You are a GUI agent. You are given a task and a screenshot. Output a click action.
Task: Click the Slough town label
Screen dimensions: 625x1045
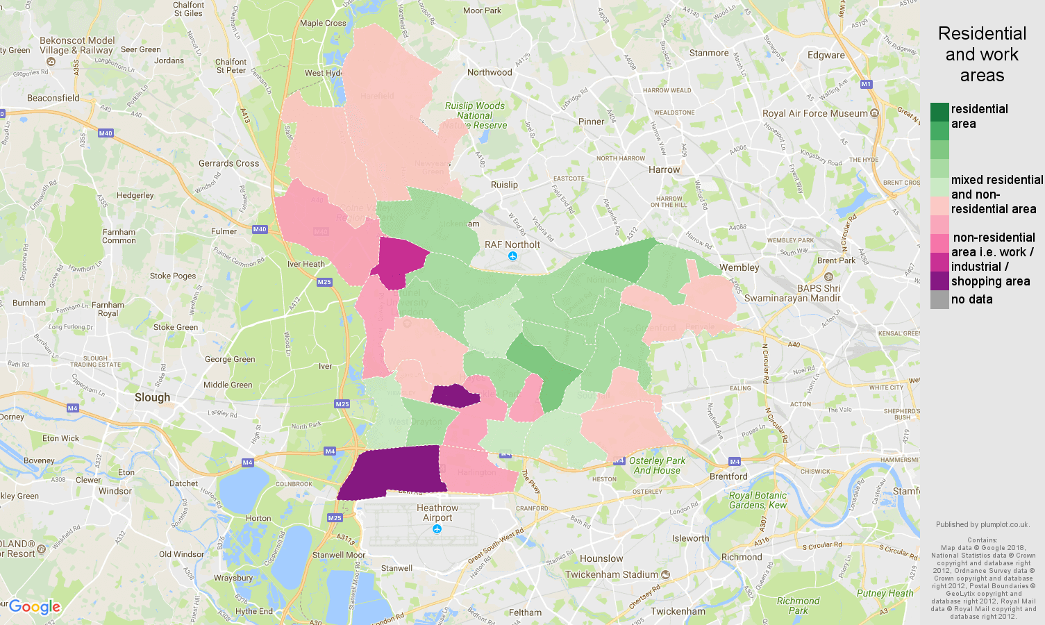tap(152, 397)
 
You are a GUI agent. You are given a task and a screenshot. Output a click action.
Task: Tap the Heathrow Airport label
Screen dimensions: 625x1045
tap(437, 512)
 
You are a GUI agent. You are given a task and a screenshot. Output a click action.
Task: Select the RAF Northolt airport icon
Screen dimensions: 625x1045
tap(512, 256)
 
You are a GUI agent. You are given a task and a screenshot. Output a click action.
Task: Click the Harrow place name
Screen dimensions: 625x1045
tap(664, 169)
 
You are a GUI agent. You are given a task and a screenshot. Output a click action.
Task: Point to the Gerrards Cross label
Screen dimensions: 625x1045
tap(228, 163)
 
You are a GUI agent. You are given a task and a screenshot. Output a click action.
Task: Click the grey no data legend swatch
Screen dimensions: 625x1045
tap(939, 300)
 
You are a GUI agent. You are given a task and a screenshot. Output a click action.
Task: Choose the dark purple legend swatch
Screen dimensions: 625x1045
tap(939, 281)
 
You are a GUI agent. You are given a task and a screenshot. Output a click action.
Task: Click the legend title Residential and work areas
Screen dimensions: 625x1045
tap(982, 54)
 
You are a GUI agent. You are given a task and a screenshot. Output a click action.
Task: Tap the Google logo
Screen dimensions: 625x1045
tap(35, 607)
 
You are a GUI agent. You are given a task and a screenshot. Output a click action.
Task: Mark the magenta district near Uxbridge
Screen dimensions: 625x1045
tap(401, 260)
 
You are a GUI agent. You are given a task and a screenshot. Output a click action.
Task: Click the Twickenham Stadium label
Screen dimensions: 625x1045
tap(611, 574)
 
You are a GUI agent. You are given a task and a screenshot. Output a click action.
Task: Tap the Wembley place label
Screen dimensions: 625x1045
tap(739, 267)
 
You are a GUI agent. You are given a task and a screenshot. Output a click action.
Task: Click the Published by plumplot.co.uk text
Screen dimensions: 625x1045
tap(982, 524)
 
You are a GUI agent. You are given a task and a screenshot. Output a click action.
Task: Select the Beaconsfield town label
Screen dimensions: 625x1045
tap(53, 98)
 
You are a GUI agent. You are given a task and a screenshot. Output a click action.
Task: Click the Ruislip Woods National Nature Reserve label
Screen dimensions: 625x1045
tap(476, 115)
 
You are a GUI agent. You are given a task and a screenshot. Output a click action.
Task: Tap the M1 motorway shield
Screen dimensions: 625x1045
tap(866, 84)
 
